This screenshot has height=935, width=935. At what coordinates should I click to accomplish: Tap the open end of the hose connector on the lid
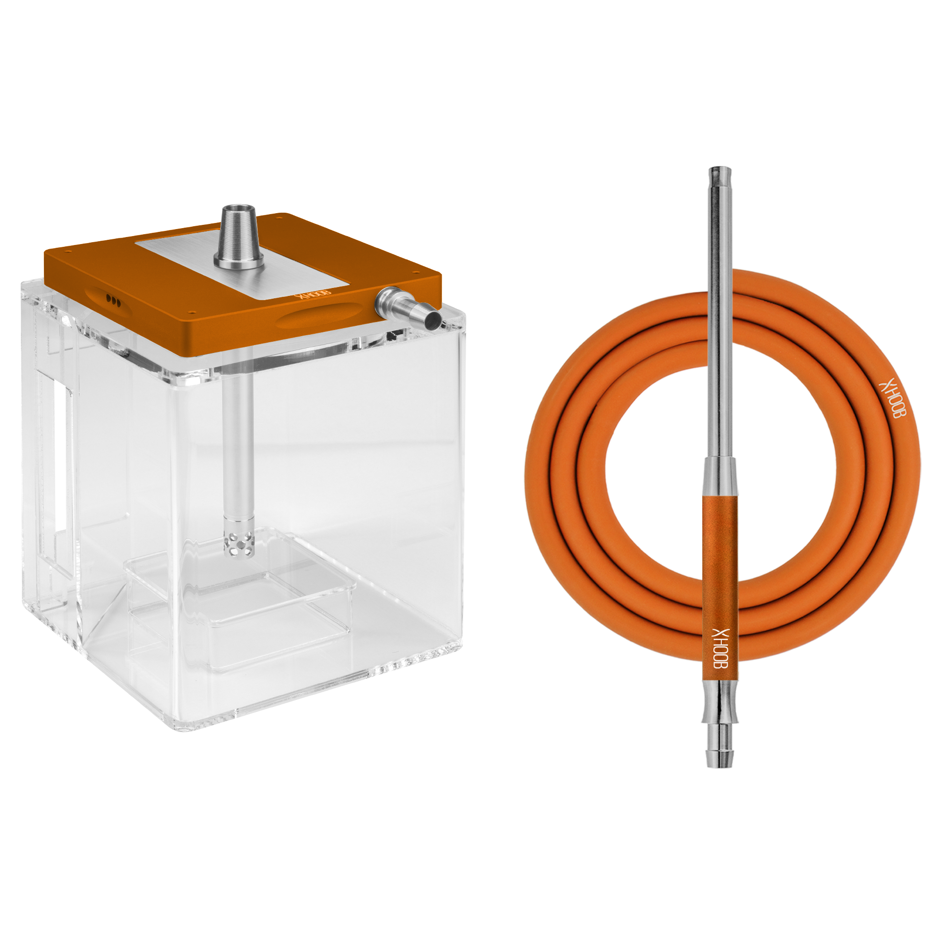point(434,319)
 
